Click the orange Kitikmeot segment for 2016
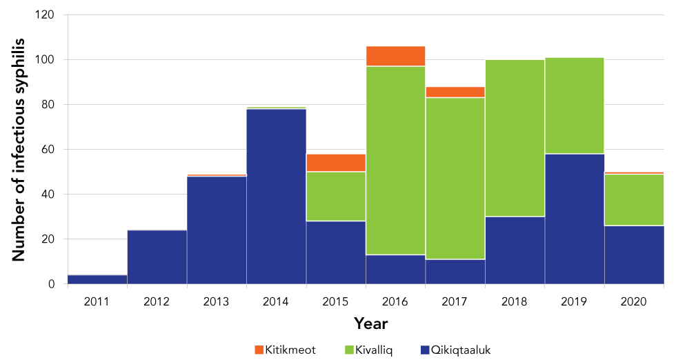(x=395, y=56)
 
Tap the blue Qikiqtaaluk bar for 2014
(x=276, y=196)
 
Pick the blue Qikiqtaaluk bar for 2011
(x=97, y=279)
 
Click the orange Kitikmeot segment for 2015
(x=336, y=163)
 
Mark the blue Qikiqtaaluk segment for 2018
(x=515, y=250)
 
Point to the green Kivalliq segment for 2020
(x=634, y=199)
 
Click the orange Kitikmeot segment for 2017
(x=455, y=92)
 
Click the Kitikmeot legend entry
(x=285, y=350)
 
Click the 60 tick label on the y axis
(x=50, y=150)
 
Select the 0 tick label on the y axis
(x=52, y=284)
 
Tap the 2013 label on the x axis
(x=217, y=301)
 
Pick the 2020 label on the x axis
(x=634, y=301)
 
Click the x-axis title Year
(x=370, y=323)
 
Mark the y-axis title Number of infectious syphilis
(x=19, y=150)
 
